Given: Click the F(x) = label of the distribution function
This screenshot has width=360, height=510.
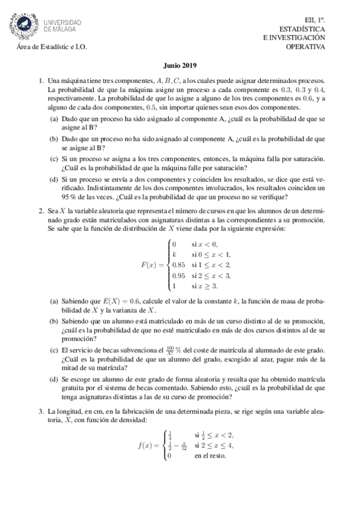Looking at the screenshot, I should [x=152, y=265].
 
